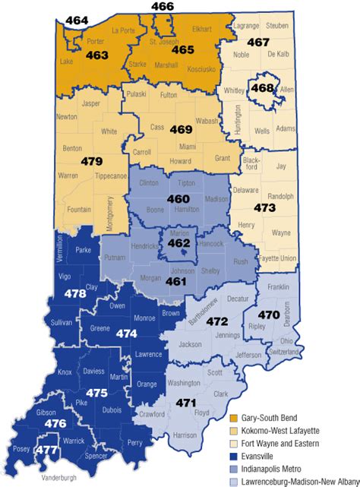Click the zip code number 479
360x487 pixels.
[x=91, y=161]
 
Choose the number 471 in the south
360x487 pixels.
[x=186, y=403]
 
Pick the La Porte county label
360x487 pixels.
[x=122, y=30]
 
